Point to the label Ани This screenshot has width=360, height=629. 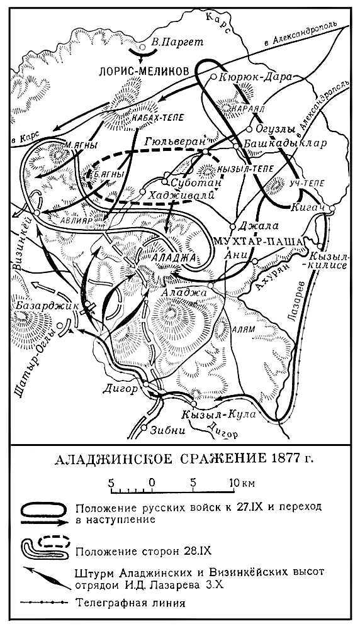241,255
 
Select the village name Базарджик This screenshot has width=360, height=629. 38,305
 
